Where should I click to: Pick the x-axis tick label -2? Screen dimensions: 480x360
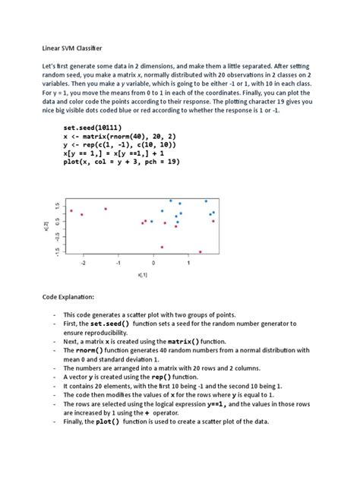(84, 264)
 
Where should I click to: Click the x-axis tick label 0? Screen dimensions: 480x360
(154, 264)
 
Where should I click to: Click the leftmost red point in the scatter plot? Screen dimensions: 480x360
(71, 211)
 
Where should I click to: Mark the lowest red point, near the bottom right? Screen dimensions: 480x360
(200, 251)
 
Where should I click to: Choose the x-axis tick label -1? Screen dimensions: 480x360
(118, 264)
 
